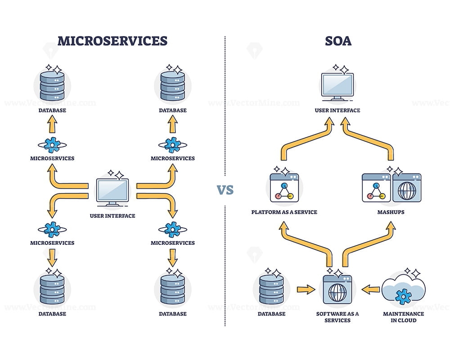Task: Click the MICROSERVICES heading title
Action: click(x=112, y=41)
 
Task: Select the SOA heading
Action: click(x=338, y=41)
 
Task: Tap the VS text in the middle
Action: click(x=225, y=189)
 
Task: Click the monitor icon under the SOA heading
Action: click(x=337, y=87)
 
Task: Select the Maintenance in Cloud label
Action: click(x=403, y=317)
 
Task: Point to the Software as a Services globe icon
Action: click(x=337, y=291)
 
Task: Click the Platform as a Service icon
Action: click(x=284, y=188)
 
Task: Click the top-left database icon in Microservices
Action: click(x=52, y=85)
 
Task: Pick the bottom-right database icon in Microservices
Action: click(x=173, y=290)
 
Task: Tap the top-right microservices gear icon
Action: click(x=173, y=144)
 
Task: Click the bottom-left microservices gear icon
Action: click(x=52, y=229)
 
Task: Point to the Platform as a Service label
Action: click(x=284, y=212)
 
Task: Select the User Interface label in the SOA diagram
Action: click(x=337, y=110)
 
